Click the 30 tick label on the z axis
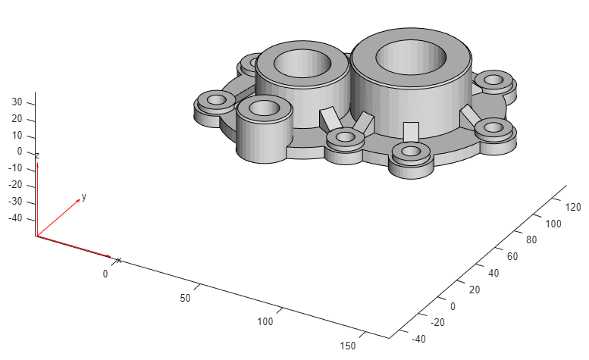pos(19,102)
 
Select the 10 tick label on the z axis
pos(19,136)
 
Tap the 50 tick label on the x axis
pos(186,298)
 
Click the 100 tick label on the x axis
pos(265,322)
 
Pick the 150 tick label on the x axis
pos(347,346)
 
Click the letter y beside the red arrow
pos(83,196)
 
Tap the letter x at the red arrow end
pos(118,261)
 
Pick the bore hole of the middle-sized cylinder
pos(302,63)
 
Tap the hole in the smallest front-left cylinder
pos(264,108)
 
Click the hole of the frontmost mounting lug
pos(411,151)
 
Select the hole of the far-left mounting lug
pos(217,99)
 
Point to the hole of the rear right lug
pos(494,79)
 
